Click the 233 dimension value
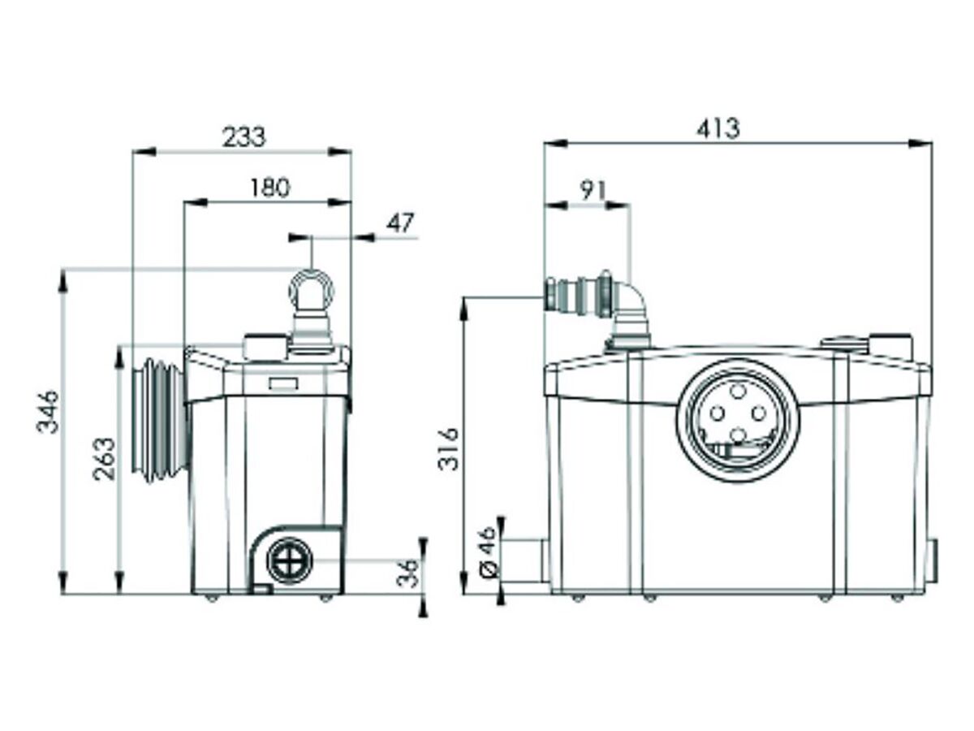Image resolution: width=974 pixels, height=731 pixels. point(243,136)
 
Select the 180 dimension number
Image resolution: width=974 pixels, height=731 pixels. point(269,188)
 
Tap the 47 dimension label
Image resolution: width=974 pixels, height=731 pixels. point(399,223)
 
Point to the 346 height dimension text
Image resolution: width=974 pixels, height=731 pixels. point(49,411)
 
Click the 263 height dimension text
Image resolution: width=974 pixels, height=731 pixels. point(105,459)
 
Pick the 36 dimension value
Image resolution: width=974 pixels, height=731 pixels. point(412,573)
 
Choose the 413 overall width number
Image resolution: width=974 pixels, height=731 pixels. point(718,128)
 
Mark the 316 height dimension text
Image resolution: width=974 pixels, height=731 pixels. point(449,448)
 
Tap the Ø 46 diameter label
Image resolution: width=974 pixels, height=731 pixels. point(488,551)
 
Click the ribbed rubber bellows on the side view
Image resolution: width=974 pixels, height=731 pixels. point(162,420)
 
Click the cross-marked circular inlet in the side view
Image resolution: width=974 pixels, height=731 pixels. point(288,560)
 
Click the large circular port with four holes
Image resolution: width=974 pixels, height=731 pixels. point(737,421)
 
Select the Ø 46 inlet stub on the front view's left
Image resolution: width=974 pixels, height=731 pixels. point(528,560)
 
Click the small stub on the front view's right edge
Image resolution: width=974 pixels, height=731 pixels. point(933,561)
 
